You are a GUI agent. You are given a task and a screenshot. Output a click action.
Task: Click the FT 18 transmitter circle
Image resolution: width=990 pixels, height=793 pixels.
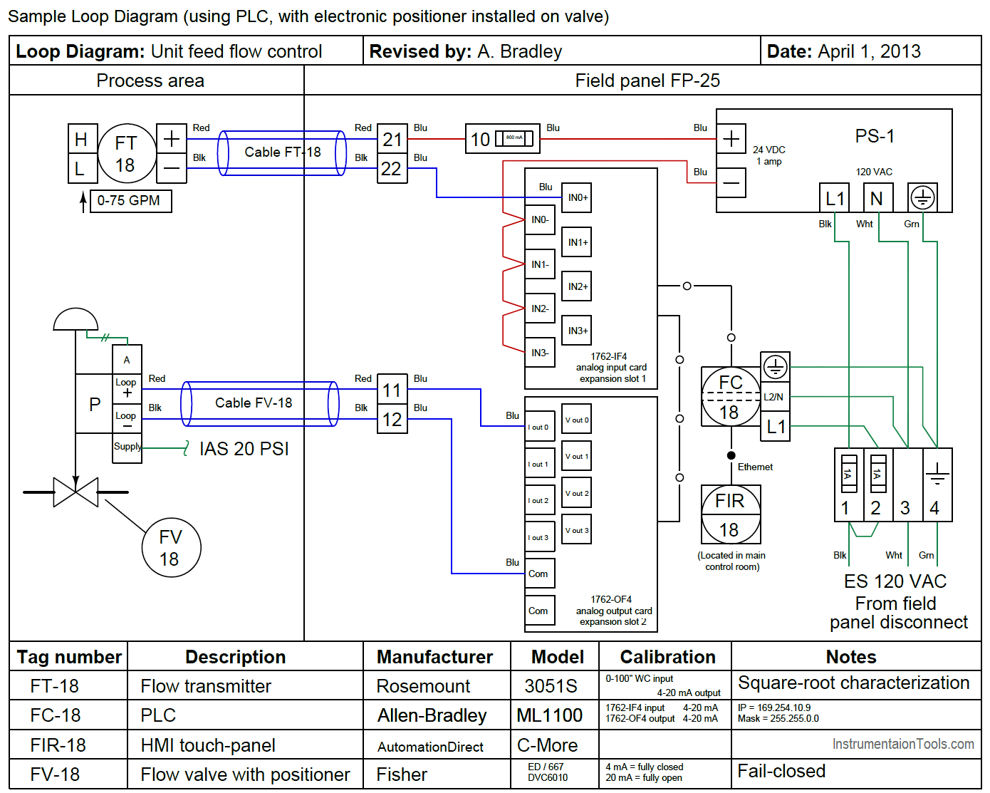click(126, 153)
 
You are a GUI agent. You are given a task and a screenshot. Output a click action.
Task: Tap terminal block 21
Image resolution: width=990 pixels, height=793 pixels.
click(392, 139)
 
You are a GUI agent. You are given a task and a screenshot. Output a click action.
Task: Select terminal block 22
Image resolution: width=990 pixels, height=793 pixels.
click(392, 169)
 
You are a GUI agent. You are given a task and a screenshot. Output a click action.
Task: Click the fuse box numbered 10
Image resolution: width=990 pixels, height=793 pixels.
click(502, 139)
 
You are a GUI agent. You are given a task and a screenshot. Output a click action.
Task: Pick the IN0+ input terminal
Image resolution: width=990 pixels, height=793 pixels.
click(577, 197)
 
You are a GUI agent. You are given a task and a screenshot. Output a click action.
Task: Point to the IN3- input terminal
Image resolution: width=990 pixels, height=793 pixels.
click(540, 353)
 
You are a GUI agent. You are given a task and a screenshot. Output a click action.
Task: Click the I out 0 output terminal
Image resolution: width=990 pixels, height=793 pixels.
click(539, 427)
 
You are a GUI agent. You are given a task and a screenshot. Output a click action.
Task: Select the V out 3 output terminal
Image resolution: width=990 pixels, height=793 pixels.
click(577, 530)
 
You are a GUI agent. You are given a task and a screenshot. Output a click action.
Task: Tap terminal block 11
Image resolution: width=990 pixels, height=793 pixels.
click(392, 390)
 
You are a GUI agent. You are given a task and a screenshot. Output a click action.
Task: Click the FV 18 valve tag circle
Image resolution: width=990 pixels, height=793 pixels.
click(171, 548)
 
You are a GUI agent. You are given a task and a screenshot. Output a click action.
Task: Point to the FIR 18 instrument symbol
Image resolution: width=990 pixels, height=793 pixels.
click(731, 514)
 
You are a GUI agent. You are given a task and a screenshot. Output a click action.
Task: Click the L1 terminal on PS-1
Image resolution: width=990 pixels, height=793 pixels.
click(835, 198)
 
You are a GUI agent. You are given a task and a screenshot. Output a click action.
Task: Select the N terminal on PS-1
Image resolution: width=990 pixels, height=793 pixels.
click(877, 198)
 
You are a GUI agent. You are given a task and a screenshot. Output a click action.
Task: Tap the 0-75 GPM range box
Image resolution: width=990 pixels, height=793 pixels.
click(130, 201)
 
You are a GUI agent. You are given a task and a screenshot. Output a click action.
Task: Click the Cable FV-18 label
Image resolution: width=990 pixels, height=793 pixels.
click(254, 403)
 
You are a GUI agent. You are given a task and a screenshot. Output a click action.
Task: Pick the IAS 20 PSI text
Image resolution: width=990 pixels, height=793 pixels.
click(244, 449)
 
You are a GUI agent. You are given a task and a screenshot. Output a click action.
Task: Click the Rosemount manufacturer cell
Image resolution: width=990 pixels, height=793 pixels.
click(423, 686)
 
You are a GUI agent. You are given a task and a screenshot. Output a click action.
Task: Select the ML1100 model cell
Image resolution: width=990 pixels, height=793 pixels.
click(550, 715)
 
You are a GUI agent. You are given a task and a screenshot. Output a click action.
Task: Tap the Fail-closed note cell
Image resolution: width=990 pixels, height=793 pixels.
click(781, 771)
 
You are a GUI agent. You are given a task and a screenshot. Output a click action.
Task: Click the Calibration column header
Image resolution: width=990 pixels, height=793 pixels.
click(667, 657)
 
